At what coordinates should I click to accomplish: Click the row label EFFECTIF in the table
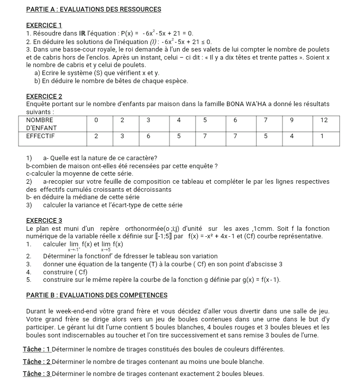click(40, 136)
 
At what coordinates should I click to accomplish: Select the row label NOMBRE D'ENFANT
click(40, 124)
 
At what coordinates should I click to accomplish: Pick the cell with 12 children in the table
click(323, 121)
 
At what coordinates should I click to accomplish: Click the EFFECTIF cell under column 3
click(148, 136)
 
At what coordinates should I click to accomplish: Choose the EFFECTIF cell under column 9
click(291, 136)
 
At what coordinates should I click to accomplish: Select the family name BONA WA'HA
click(254, 104)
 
